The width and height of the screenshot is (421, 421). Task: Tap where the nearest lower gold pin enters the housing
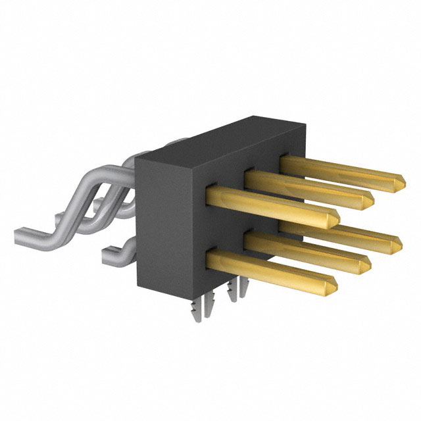coord(212,258)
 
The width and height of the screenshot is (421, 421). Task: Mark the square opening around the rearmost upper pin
coord(284,159)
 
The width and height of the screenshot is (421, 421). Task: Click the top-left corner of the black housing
coord(135,158)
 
